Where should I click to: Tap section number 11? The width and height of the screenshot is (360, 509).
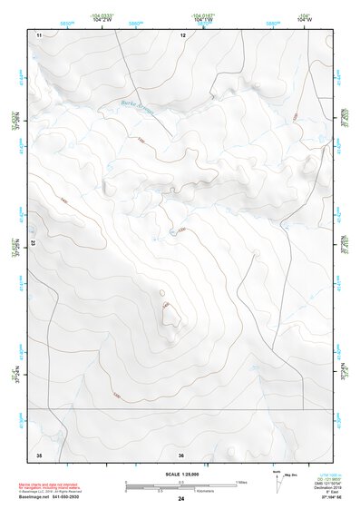point(39,34)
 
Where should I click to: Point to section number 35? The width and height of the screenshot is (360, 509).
point(39,454)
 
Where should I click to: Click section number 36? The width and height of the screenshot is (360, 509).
point(182,454)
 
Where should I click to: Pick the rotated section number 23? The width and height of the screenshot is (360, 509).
point(32,243)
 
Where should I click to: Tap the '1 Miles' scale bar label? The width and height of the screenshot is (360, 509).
point(242,481)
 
